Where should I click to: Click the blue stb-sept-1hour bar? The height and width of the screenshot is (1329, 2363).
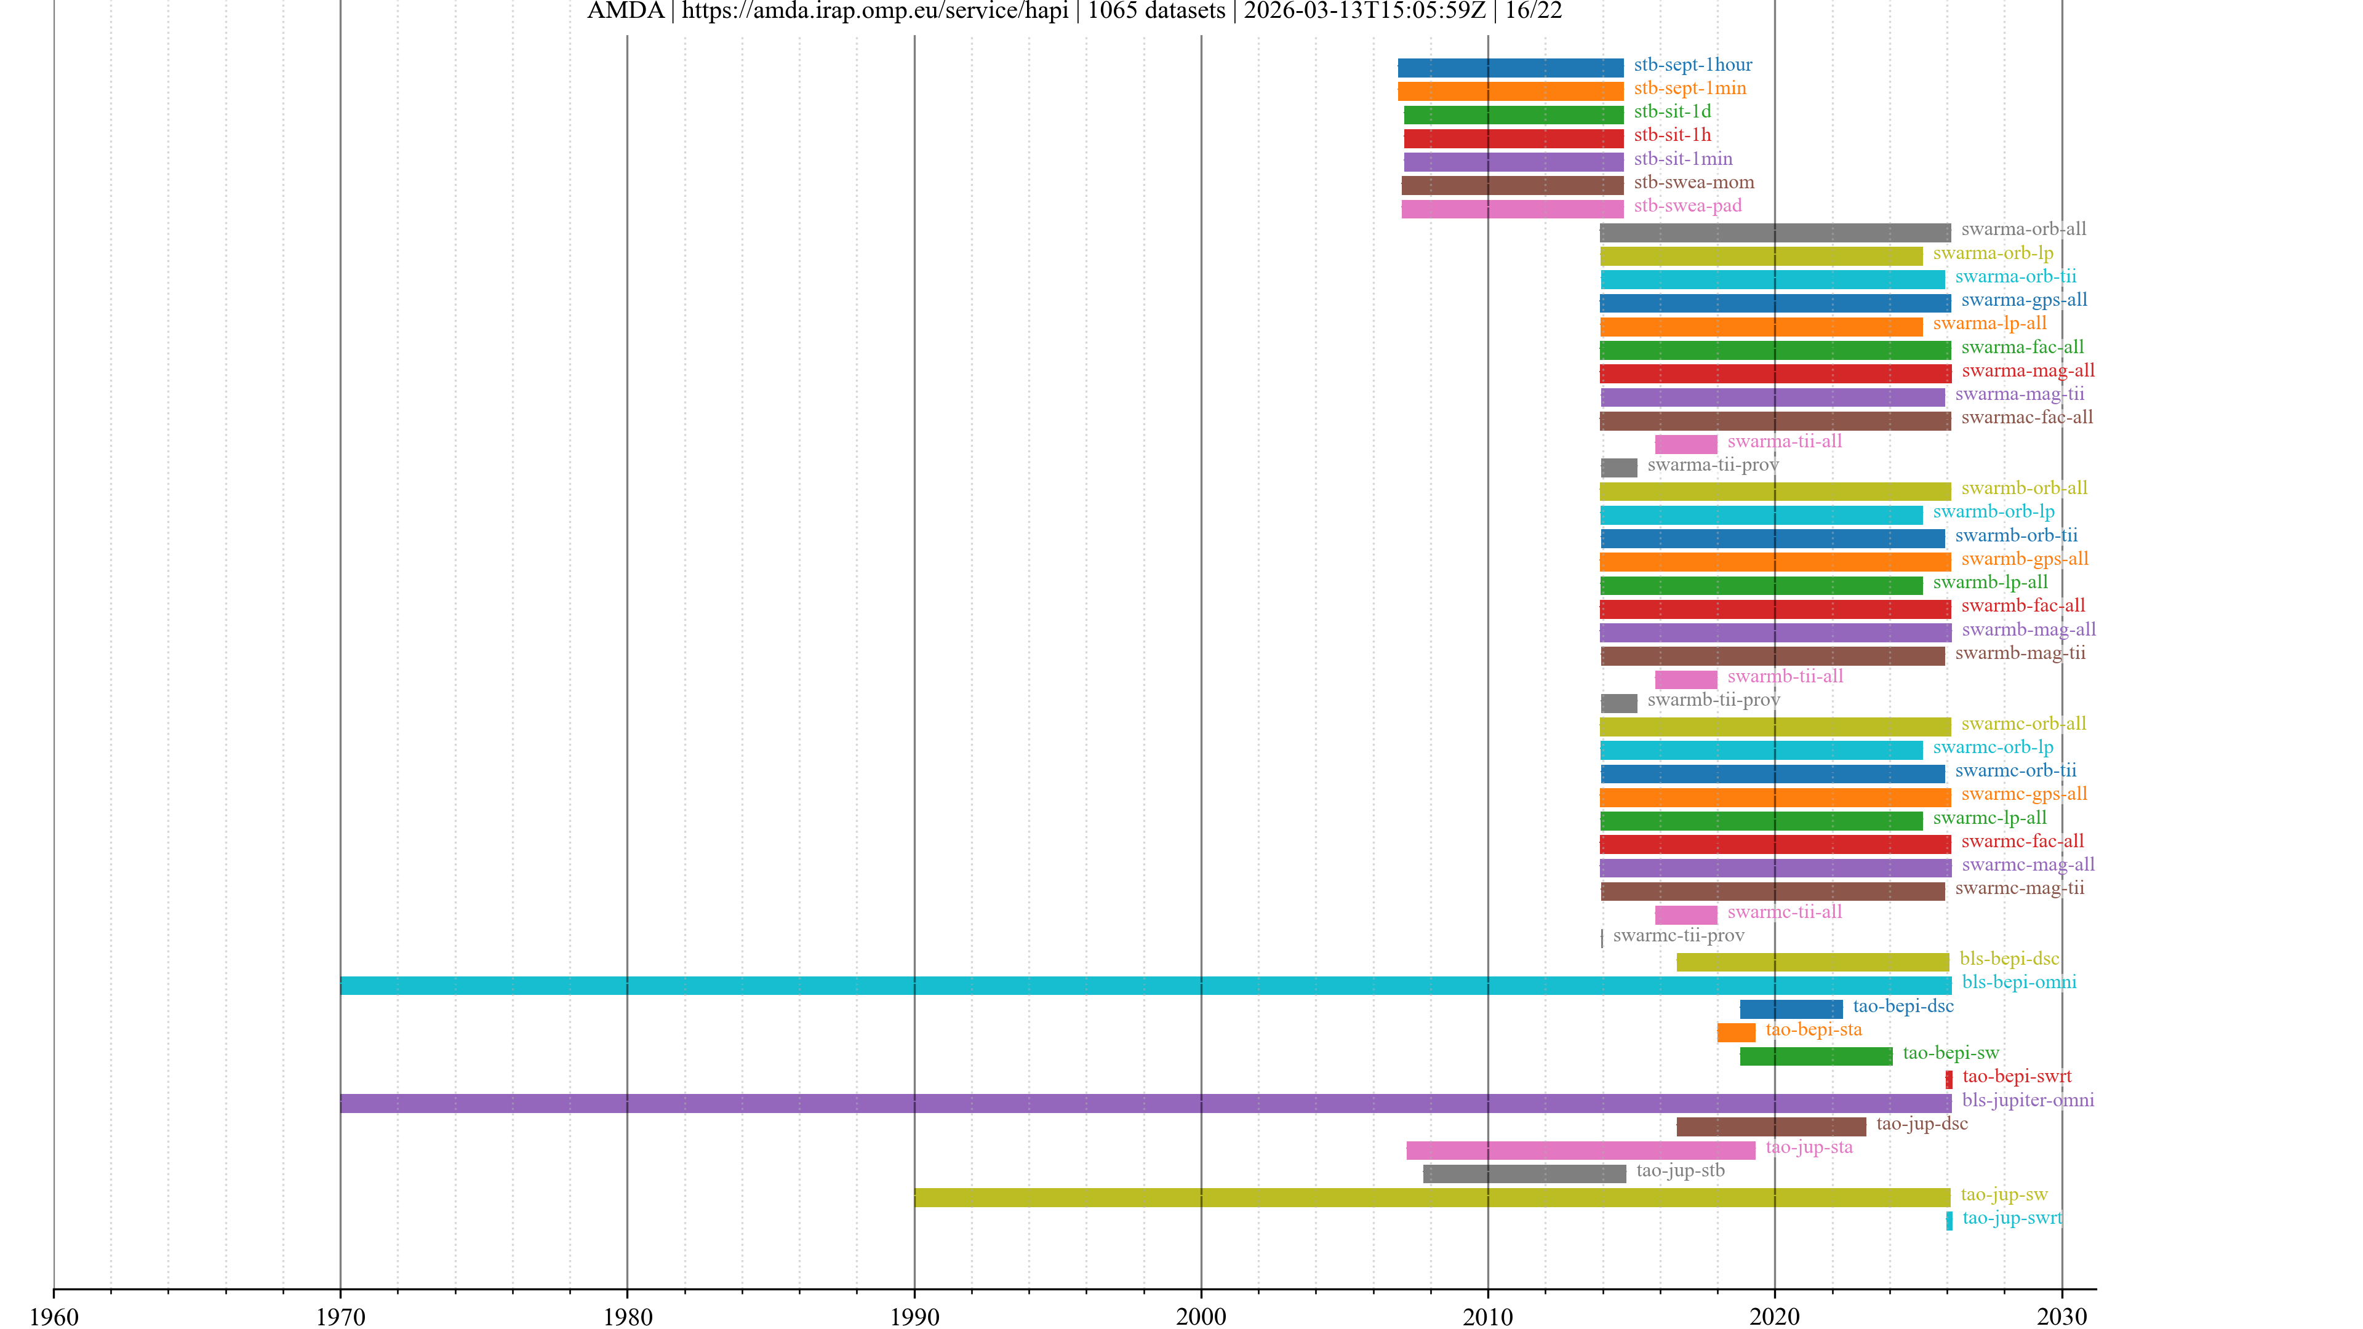coord(1510,68)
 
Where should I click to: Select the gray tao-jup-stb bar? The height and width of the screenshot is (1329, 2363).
coord(1525,1174)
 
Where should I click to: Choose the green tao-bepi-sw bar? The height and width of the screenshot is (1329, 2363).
coord(1817,1056)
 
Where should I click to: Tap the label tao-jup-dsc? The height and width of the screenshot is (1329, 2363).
coord(1922,1123)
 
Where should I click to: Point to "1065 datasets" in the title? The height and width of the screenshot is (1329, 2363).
coord(1156,11)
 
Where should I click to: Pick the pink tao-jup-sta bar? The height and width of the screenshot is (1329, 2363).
coord(1580,1150)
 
